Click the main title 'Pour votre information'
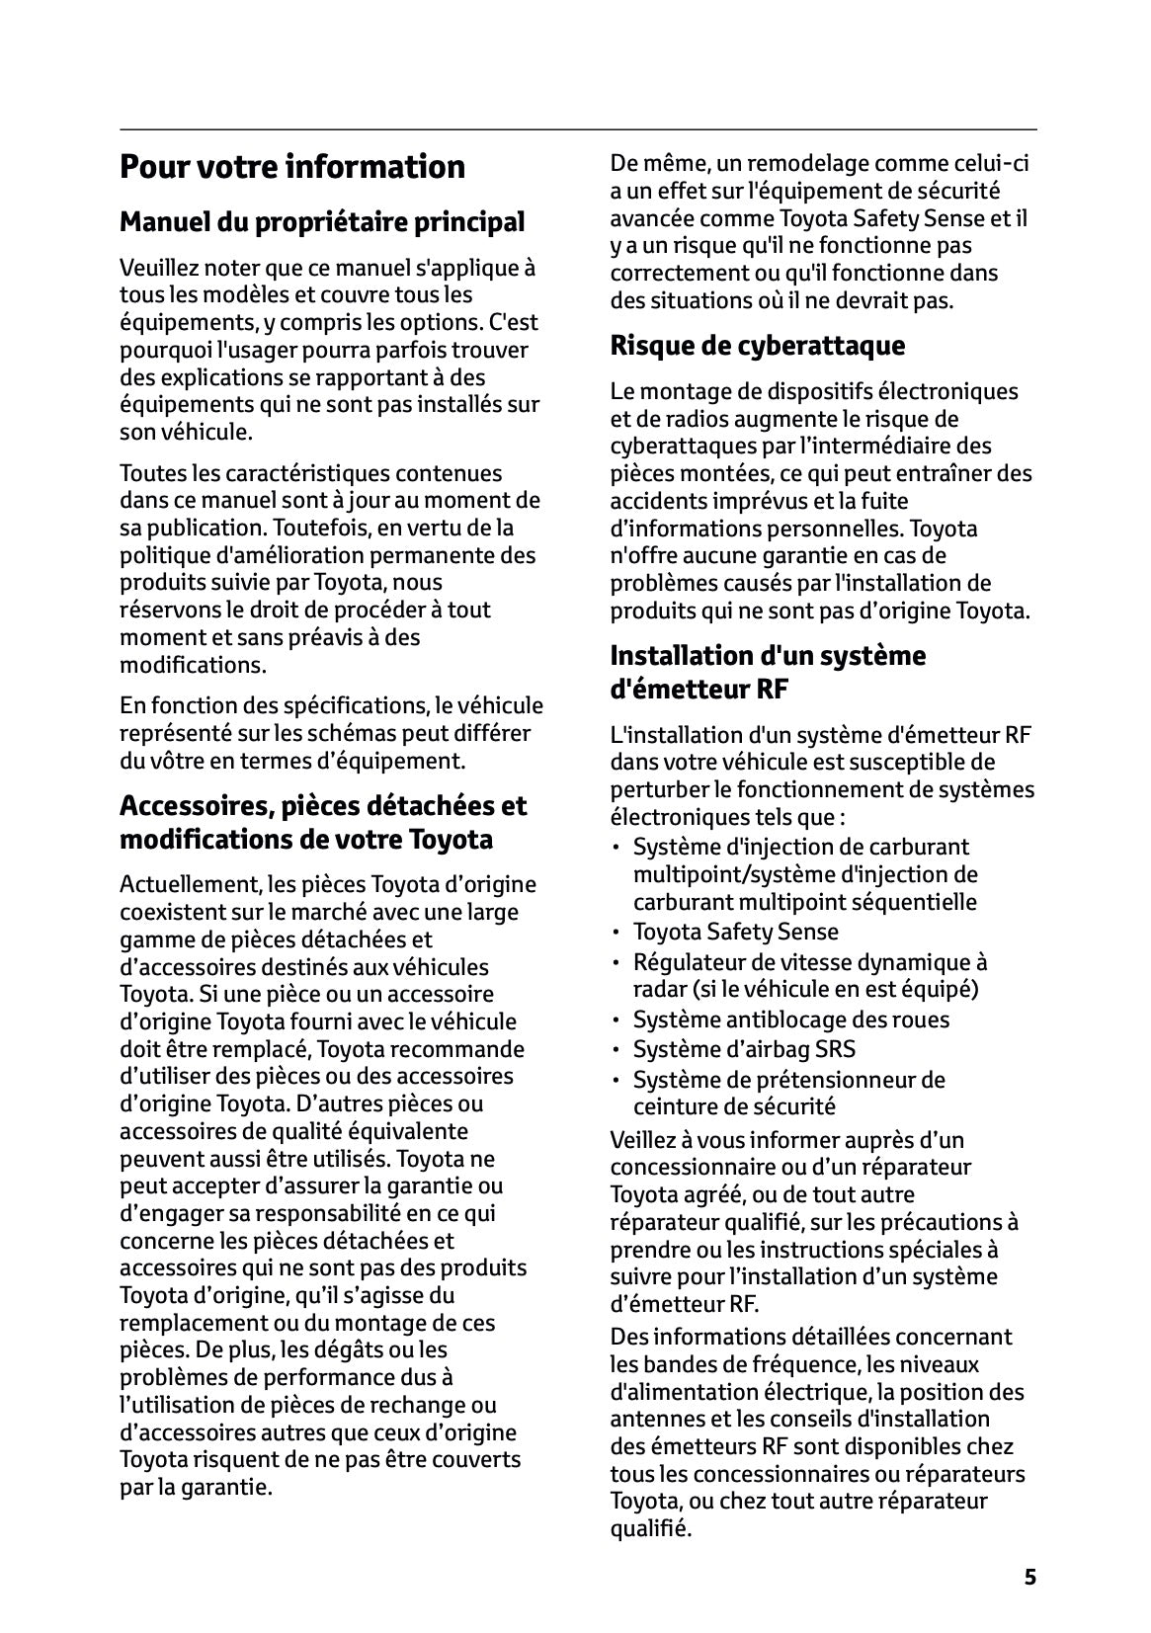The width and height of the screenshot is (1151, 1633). coord(292,166)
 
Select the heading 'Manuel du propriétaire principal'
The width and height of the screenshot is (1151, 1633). coord(322,221)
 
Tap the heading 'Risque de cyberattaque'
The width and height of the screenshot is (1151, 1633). coord(758,346)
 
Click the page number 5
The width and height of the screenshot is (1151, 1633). coord(1030,1577)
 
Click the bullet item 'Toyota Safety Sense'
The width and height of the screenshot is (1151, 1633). coord(737,932)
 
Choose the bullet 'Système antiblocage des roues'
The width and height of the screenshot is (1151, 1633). coord(790,1020)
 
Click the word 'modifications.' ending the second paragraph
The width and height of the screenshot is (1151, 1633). coord(193,665)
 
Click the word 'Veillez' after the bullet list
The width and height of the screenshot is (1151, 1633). coord(645,1140)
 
